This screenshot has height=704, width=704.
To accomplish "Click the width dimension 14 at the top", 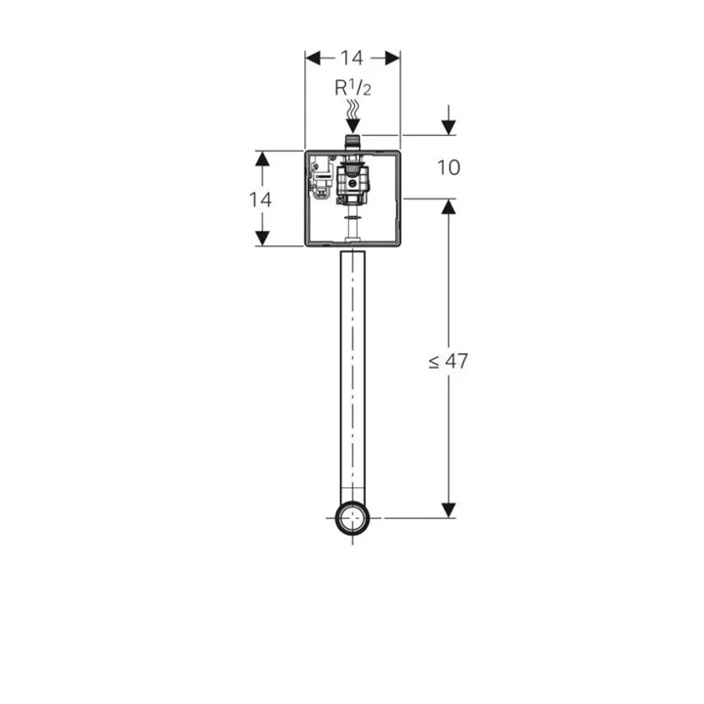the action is coord(352,58).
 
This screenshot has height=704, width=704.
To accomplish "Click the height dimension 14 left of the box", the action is coord(260,199).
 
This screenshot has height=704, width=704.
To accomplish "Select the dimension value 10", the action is coord(449,167).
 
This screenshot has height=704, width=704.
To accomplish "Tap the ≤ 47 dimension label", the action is coord(448,361).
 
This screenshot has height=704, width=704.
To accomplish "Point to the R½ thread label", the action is coord(353,88).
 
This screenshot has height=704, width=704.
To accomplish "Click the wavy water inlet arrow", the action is coord(353,115).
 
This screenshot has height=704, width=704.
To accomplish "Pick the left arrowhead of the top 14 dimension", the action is coord(313,58).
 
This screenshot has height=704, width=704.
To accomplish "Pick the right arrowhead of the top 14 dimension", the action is coord(392,58).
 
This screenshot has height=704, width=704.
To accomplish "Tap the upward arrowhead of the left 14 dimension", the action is coord(262,159).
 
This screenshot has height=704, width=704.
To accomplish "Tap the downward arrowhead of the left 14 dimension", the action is coord(262,238).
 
